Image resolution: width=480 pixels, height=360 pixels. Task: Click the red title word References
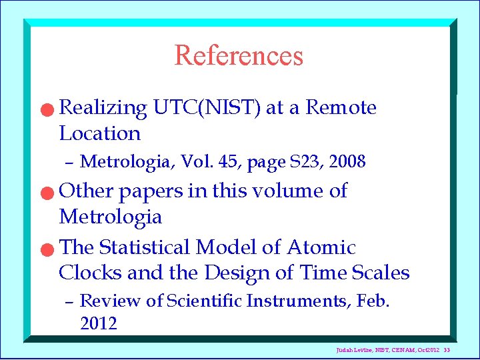(x=239, y=55)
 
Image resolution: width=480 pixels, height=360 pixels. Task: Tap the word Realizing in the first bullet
(x=103, y=108)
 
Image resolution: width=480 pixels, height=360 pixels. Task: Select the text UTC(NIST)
(x=207, y=108)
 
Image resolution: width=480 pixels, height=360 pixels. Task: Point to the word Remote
(x=341, y=108)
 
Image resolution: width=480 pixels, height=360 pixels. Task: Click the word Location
(x=100, y=134)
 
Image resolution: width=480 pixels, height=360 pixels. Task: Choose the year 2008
(x=347, y=162)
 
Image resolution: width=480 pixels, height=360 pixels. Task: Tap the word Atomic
(x=321, y=248)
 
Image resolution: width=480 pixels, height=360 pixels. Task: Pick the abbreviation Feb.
(x=373, y=301)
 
